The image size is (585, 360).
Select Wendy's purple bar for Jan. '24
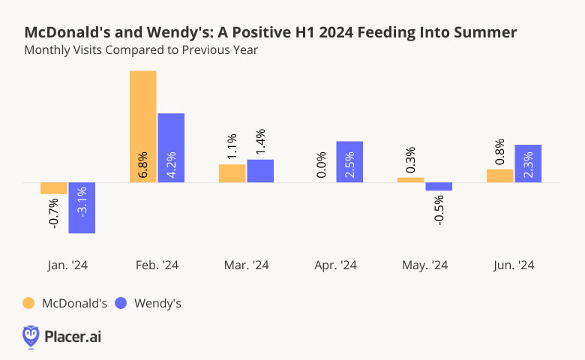click(82, 208)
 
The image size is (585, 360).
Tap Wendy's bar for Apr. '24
click(349, 161)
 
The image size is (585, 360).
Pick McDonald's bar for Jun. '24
click(499, 175)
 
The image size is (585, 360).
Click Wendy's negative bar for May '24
click(439, 186)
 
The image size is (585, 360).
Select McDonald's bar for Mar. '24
click(232, 173)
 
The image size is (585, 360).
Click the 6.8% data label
click(143, 166)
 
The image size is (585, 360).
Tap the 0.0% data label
click(321, 166)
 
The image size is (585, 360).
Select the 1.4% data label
click(260, 142)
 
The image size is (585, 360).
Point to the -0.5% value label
click(439, 209)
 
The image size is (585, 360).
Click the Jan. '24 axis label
click(67, 265)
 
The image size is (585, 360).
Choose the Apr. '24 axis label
click(335, 265)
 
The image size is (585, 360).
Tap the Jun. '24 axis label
click(514, 265)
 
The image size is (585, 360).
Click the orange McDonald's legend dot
click(28, 303)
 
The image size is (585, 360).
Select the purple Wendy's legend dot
click(121, 303)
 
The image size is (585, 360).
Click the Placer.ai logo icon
click(31, 336)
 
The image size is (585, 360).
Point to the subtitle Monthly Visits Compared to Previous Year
click(141, 50)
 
